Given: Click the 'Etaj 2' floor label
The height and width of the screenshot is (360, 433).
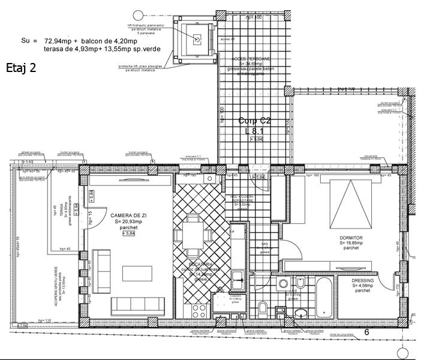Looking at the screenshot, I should click(21, 67).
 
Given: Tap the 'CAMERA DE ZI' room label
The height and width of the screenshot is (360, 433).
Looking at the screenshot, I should click(126, 215).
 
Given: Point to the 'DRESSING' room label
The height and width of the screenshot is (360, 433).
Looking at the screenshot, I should click(363, 280).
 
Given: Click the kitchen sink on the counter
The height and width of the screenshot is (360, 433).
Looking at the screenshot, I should click(238, 278).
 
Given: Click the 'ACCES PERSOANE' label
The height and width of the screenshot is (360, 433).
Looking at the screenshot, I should click(251, 59).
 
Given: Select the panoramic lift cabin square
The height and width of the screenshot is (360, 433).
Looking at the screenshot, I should click(196, 38).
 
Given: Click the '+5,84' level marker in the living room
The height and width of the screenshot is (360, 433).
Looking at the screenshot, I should click(127, 235).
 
